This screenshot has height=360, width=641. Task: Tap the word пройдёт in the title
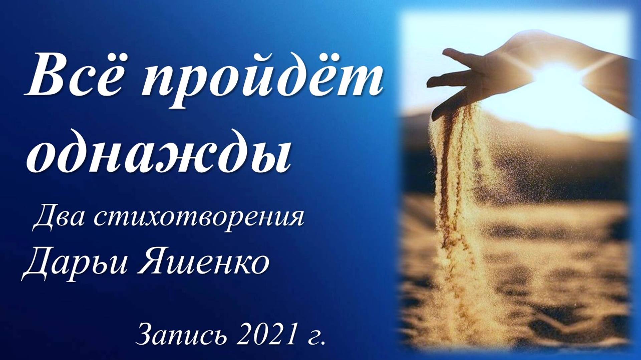[x=262, y=80]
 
